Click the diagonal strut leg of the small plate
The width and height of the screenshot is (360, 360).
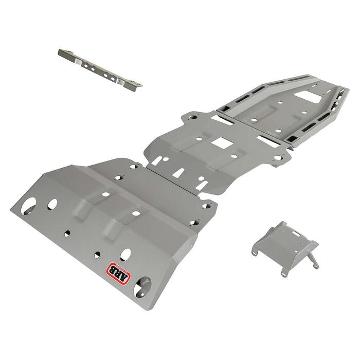coord(310,255)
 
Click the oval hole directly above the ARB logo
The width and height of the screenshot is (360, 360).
coord(125,254)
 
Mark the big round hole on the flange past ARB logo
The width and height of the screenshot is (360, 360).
coord(139,290)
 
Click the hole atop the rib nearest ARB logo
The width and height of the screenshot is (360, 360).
coord(136,212)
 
